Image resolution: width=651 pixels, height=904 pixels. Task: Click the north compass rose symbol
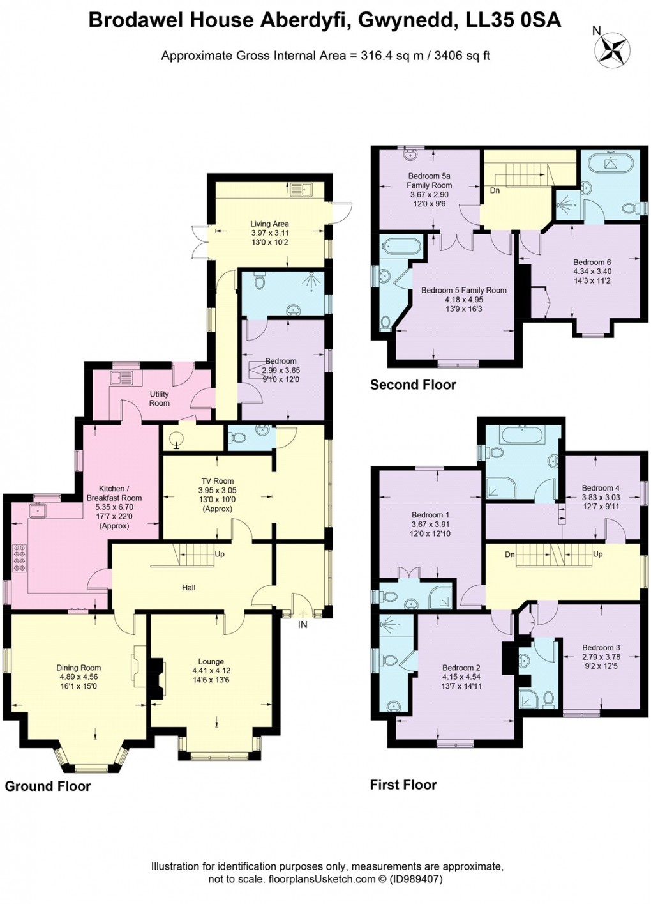pyautogui.click(x=611, y=50)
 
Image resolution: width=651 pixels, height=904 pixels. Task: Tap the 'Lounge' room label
pyautogui.click(x=211, y=662)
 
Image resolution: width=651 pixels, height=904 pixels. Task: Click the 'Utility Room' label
pyautogui.click(x=160, y=399)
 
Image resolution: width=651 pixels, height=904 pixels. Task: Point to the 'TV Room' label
pyautogui.click(x=217, y=481)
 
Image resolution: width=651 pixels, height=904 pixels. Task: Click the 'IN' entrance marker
pyautogui.click(x=303, y=624)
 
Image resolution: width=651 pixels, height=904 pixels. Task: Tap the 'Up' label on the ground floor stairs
pyautogui.click(x=220, y=554)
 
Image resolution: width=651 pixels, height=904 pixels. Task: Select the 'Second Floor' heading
pyautogui.click(x=413, y=385)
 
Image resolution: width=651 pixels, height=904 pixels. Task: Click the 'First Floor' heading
pyautogui.click(x=403, y=785)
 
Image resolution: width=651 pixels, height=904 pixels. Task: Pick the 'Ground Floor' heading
pyautogui.click(x=48, y=786)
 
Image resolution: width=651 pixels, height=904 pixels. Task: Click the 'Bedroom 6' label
pyautogui.click(x=592, y=262)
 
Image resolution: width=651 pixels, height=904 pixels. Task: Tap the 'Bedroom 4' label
pyautogui.click(x=600, y=488)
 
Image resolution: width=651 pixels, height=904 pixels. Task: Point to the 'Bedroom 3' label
pyautogui.click(x=601, y=647)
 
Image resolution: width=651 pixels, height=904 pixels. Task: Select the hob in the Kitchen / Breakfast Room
pyautogui.click(x=19, y=556)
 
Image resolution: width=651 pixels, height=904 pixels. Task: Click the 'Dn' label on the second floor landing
pyautogui.click(x=495, y=190)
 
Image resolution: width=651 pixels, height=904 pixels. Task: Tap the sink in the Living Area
pyautogui.click(x=300, y=189)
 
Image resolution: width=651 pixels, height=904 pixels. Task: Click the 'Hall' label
pyautogui.click(x=188, y=588)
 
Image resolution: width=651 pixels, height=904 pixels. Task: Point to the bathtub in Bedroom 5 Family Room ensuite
pyautogui.click(x=400, y=246)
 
